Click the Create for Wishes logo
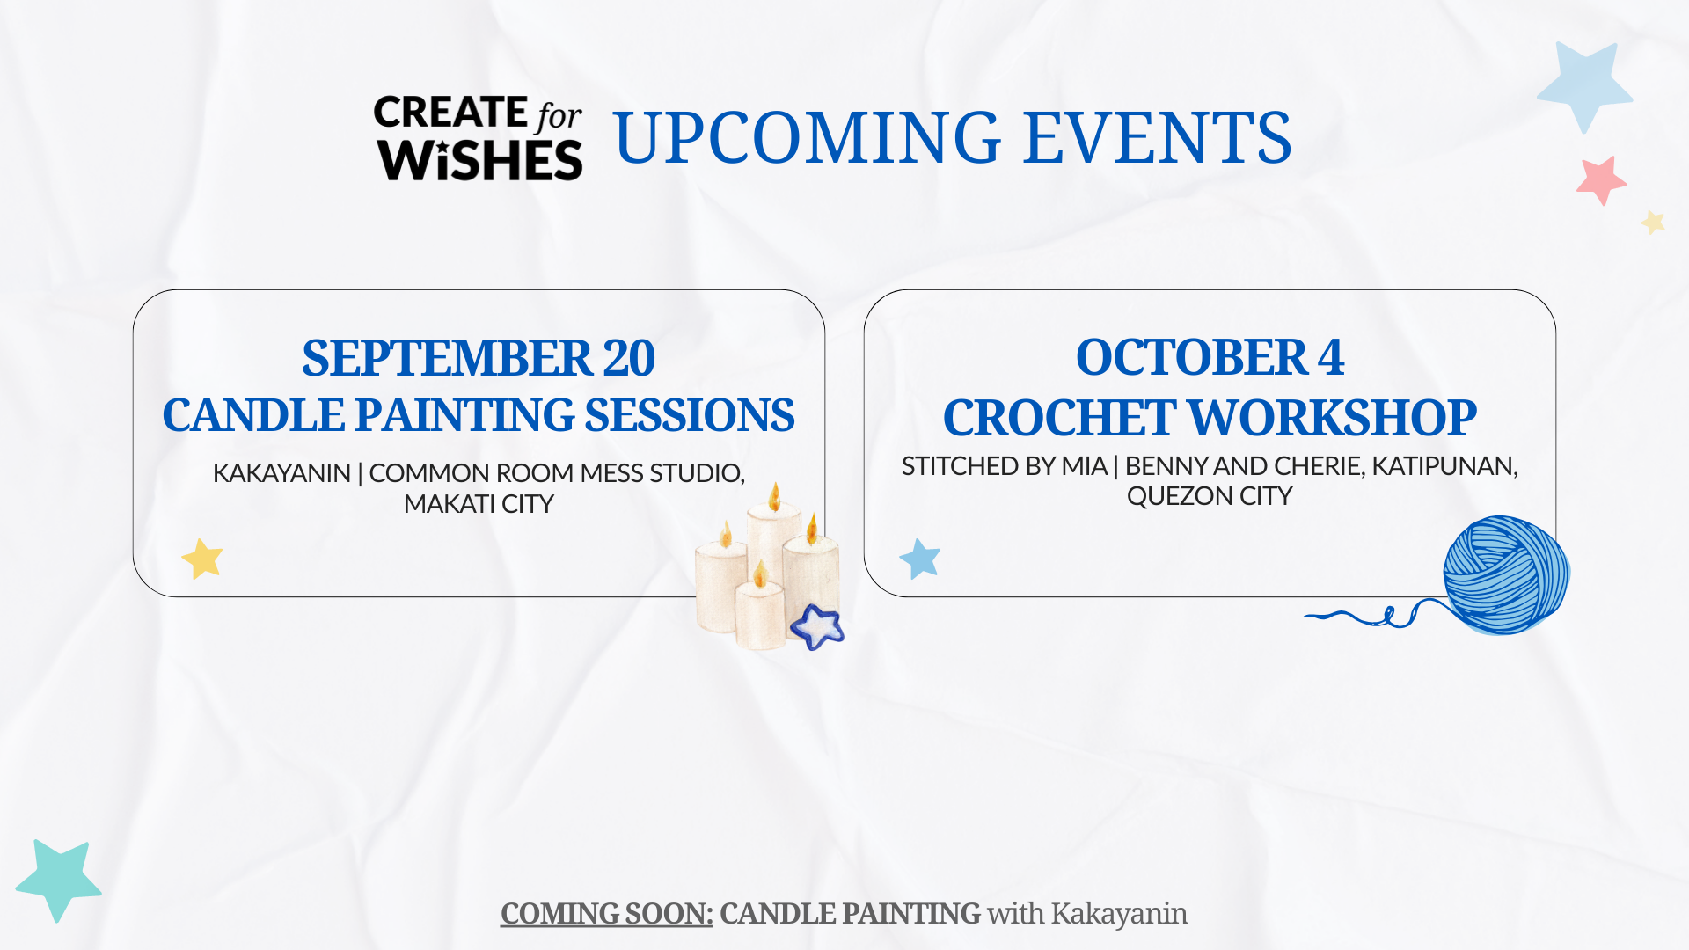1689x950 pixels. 479,138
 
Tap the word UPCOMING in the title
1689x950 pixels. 808,137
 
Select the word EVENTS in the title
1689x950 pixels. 1158,137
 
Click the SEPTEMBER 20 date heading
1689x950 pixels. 479,358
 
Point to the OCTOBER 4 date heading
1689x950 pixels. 1210,357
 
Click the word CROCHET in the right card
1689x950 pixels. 1058,417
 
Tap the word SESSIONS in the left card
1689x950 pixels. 690,415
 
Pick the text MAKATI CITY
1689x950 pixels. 479,504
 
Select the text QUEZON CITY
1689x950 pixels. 1210,496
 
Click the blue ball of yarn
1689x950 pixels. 1506,575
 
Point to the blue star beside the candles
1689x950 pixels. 817,627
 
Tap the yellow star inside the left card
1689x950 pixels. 202,559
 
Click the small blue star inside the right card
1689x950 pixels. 920,559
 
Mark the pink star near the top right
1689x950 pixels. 1601,180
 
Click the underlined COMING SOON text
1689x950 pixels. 606,914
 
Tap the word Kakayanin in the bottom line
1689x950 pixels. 1119,914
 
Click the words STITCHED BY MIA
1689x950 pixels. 1004,466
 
